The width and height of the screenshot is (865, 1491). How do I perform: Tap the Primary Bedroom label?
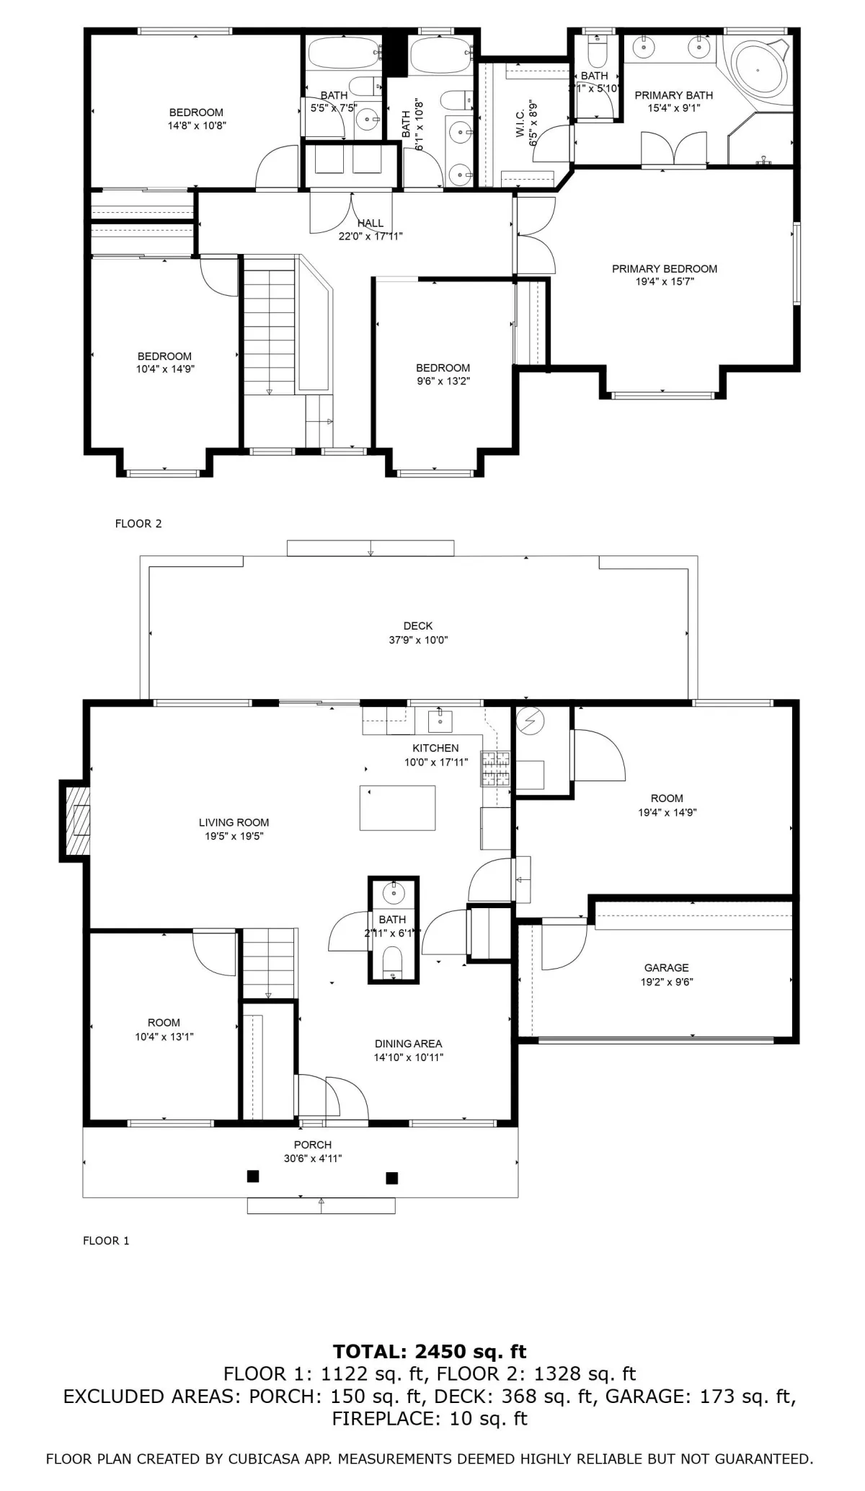(665, 269)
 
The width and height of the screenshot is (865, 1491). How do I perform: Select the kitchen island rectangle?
(397, 808)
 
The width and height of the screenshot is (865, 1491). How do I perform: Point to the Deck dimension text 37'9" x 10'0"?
(418, 640)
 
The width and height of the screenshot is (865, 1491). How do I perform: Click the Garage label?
(667, 968)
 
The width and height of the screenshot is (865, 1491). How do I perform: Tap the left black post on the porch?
(253, 1176)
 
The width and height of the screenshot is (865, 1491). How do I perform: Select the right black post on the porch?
(392, 1178)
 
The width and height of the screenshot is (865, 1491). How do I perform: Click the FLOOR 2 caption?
(138, 524)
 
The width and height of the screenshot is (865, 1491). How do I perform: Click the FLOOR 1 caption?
(106, 1241)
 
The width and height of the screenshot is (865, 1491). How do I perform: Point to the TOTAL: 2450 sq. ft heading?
(430, 1351)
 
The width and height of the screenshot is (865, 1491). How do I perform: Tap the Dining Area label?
(408, 1044)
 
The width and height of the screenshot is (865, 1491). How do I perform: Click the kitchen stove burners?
(495, 768)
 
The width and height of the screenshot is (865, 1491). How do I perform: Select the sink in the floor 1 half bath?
(394, 892)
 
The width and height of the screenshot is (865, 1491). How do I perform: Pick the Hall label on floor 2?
(371, 224)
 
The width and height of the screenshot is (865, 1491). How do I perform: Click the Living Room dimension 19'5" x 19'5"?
(234, 837)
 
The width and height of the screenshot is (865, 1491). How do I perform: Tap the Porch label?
(313, 1145)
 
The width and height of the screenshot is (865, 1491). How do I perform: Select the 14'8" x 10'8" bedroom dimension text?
(196, 126)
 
